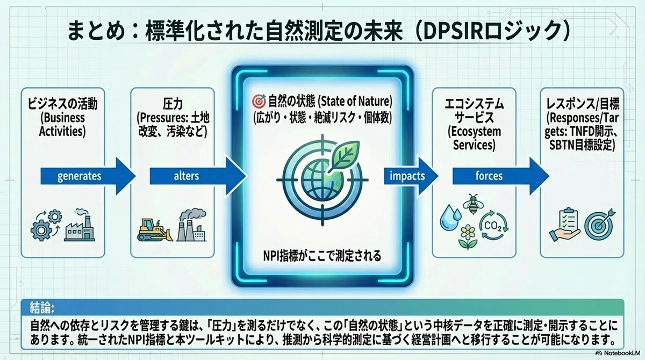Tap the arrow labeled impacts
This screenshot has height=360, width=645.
coord(411,176)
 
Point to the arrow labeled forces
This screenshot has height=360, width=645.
coord(501,176)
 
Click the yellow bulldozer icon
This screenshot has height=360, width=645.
coord(155,229)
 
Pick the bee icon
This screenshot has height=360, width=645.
coord(473,204)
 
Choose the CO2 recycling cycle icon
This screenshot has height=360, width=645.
coord(493,226)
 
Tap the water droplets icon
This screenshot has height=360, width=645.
coord(450,217)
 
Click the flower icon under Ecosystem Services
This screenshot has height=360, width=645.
coord(468,237)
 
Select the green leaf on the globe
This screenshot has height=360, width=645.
coord(345,155)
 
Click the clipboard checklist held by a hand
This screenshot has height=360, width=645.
coord(564,224)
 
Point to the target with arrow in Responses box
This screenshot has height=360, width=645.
coord(599,224)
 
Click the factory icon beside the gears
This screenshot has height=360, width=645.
coord(80,225)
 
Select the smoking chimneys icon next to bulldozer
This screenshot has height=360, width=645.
coord(191,225)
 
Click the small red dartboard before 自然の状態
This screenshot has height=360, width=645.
coord(259,101)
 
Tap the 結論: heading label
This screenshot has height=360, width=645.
coord(42,308)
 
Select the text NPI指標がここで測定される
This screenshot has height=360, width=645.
coord(322,256)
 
